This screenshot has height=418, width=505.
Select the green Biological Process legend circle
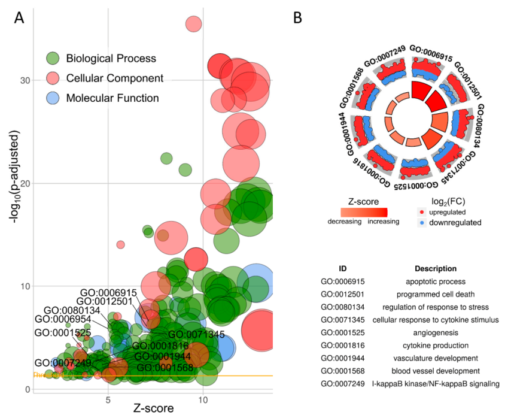[x=53, y=58]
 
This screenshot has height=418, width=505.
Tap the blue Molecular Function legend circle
[x=53, y=98]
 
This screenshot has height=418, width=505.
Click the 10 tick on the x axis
[x=203, y=399]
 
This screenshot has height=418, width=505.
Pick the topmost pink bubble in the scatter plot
[x=194, y=24]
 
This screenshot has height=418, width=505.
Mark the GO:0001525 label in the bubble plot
[x=62, y=333]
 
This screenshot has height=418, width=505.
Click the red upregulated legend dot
[x=423, y=212]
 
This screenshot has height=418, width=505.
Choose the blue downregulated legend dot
[x=423, y=222]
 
